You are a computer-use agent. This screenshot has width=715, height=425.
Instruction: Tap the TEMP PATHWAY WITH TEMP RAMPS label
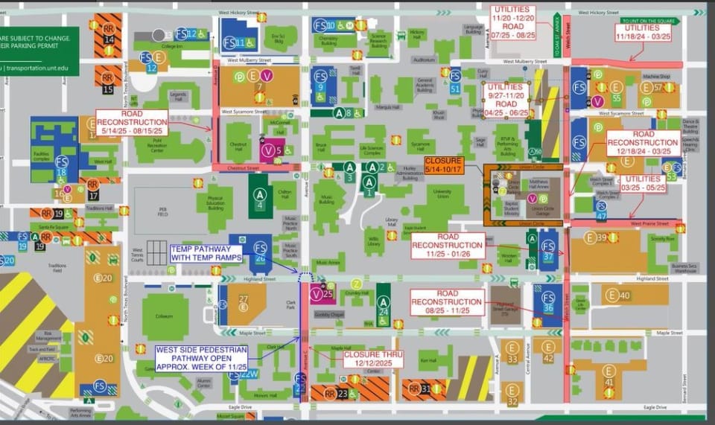coord(206,254)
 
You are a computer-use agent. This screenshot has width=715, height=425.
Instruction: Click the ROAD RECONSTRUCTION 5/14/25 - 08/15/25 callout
coord(132,122)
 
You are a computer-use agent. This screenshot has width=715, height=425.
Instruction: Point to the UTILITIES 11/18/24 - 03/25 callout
coord(637,33)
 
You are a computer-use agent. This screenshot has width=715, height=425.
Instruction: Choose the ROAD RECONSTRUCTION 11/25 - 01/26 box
coord(448,245)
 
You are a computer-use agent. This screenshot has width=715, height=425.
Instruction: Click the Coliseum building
coord(165,317)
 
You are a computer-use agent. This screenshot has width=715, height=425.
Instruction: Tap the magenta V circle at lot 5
coord(268,150)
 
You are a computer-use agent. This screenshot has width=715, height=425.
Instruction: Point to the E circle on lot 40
coord(612,295)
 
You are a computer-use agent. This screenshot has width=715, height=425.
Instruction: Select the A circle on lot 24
coord(383,301)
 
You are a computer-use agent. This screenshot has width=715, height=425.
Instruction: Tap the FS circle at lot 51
coord(455,75)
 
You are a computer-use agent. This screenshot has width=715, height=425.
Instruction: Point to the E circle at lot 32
coord(512,389)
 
